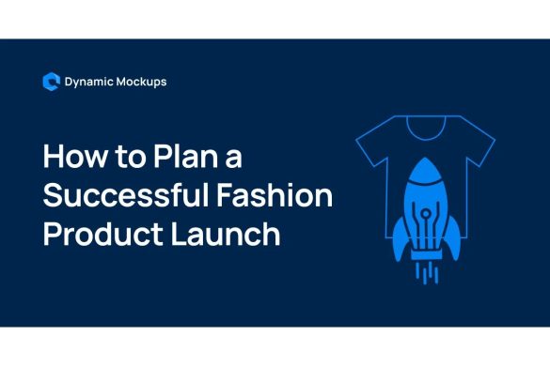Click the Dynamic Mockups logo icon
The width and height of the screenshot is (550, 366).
52,82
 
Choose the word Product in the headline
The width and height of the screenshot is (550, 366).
95,234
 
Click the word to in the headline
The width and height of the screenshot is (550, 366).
126,156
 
